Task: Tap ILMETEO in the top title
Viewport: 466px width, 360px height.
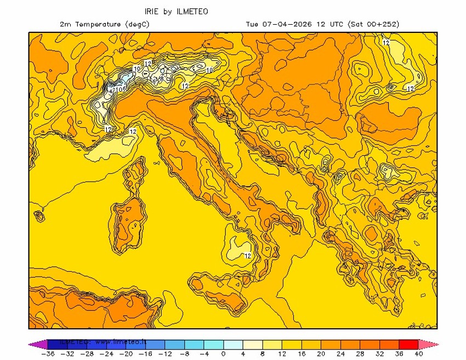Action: (192, 11)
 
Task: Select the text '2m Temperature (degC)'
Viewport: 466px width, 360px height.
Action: (104, 24)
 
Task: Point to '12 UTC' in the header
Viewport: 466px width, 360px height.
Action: (327, 24)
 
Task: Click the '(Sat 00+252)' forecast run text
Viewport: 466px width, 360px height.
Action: (373, 24)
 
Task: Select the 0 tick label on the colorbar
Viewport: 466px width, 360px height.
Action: (223, 354)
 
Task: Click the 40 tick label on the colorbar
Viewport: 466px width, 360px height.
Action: (419, 354)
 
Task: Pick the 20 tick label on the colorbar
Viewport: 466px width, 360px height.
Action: (321, 354)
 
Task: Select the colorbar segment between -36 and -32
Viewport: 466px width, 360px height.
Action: (57, 344)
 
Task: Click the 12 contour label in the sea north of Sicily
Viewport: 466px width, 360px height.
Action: (248, 256)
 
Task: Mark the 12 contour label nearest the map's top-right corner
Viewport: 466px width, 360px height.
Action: (386, 43)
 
